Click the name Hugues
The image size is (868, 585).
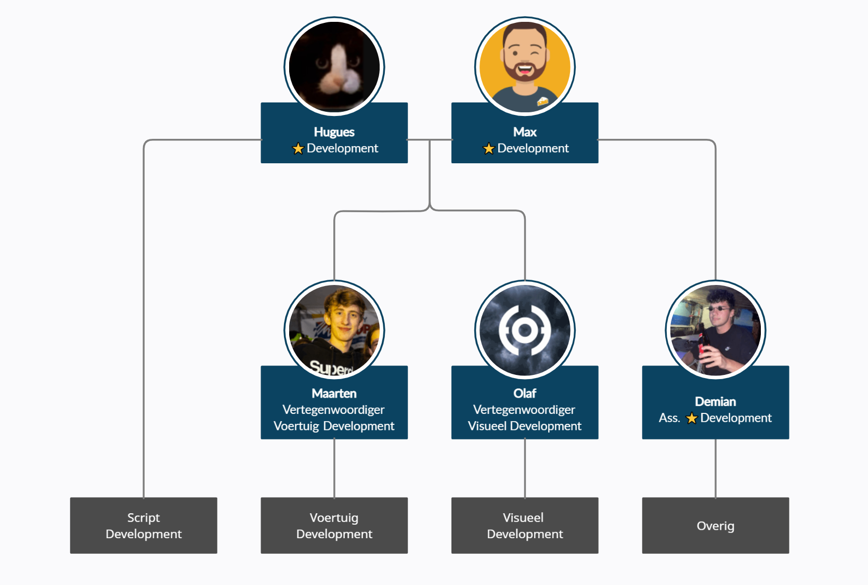(x=334, y=132)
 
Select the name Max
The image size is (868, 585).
(x=525, y=132)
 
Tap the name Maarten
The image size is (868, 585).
(x=334, y=394)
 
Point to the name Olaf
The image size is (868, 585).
(x=525, y=394)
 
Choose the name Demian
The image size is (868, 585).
(x=715, y=401)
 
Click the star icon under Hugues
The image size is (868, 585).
(x=298, y=149)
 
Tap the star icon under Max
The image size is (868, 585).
(x=488, y=149)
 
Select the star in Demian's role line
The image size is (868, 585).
(x=691, y=418)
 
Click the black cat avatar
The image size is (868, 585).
(x=334, y=67)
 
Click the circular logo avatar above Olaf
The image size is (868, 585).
(x=525, y=330)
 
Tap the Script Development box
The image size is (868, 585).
(x=144, y=525)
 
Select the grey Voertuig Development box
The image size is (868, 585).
(x=334, y=525)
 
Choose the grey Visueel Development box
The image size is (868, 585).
(x=525, y=525)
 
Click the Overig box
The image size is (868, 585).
(x=715, y=525)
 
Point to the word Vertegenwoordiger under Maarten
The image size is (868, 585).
(x=333, y=410)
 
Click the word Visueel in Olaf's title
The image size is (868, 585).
(x=487, y=426)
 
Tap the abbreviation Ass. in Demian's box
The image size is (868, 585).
(x=669, y=418)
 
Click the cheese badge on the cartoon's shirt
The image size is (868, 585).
(x=542, y=101)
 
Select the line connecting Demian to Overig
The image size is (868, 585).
(x=716, y=468)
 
